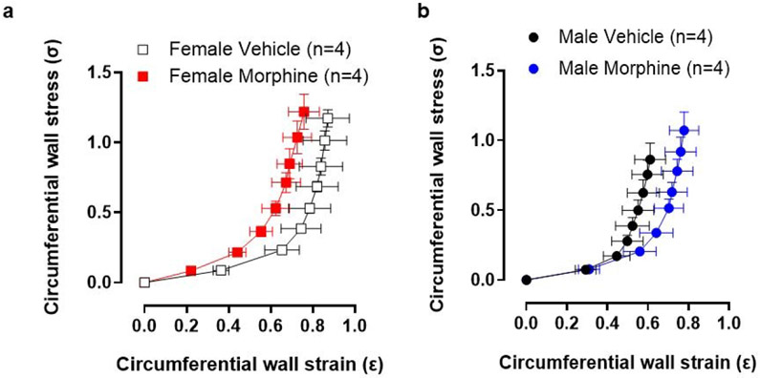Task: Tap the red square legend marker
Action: [142, 73]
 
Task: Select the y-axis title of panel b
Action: [438, 182]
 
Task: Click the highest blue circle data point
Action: [684, 131]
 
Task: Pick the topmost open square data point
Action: [329, 117]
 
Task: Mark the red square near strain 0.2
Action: [191, 271]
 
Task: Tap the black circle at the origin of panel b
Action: [526, 280]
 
